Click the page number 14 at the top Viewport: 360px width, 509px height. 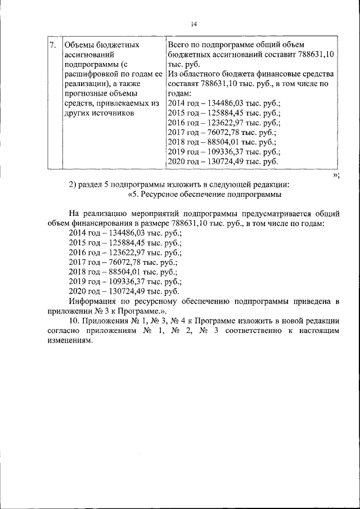point(193,24)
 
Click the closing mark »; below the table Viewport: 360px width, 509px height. point(336,174)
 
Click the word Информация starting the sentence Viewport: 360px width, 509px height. point(91,301)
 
